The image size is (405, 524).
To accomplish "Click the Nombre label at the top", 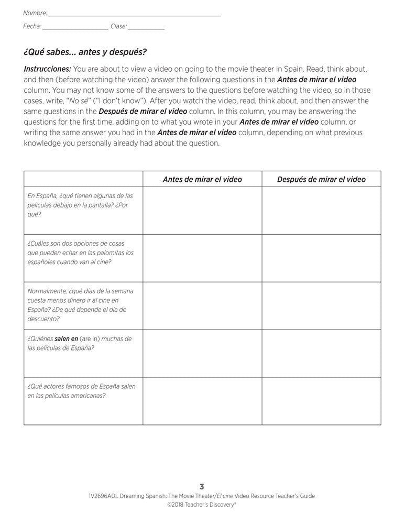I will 35,13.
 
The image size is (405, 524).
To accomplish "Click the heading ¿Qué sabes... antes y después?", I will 85,52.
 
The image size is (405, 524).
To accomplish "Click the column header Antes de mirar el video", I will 202,179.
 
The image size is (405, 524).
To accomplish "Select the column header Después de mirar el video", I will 321,179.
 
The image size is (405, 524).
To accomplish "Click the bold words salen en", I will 66,339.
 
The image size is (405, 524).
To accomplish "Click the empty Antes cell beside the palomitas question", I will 202,258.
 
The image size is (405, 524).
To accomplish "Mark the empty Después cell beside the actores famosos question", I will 321,400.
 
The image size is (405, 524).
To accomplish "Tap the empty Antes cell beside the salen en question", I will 202,353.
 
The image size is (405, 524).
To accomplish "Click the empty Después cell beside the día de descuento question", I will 321,305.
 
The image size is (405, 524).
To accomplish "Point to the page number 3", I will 202,487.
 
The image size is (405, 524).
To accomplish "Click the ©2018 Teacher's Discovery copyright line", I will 202,505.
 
